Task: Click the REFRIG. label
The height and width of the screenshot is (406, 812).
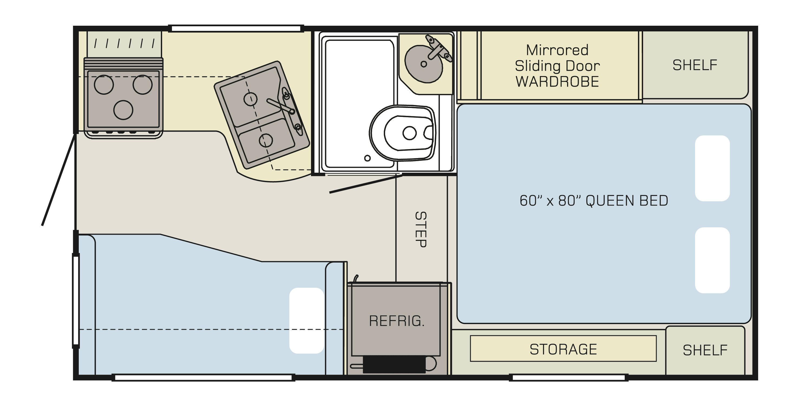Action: click(397, 321)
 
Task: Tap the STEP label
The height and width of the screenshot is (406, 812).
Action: click(421, 230)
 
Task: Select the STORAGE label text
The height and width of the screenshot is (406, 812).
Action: click(563, 349)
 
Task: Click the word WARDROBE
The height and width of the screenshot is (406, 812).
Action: click(557, 82)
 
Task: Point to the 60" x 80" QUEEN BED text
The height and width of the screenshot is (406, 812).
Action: click(594, 201)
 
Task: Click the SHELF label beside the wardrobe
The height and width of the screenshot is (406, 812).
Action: click(695, 65)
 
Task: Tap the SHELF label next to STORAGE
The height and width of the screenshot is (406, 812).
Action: click(705, 350)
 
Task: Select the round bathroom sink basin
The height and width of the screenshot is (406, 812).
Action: click(423, 64)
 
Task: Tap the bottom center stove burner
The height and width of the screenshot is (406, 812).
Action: click(123, 110)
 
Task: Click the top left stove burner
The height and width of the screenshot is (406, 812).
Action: click(104, 84)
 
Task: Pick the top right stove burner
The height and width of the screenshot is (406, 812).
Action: click(142, 84)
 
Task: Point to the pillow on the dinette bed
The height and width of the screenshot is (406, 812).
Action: click(307, 320)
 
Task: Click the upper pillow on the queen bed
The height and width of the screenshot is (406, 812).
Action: click(712, 168)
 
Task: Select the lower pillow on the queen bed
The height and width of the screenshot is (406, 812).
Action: click(712, 260)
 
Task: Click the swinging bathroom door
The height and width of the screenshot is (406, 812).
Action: click(366, 184)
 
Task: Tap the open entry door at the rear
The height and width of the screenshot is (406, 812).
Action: click(59, 180)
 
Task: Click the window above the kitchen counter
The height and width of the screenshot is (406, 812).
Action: click(236, 29)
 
